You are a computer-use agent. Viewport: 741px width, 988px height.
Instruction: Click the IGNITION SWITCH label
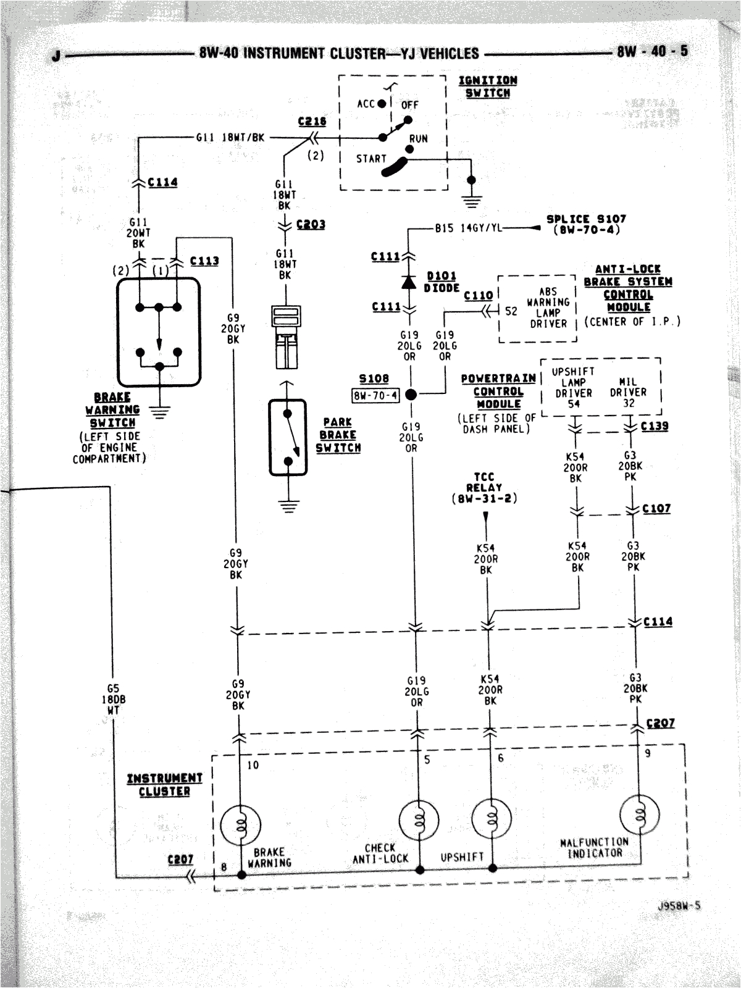tap(487, 86)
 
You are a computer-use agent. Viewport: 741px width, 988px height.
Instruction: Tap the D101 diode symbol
tap(408, 282)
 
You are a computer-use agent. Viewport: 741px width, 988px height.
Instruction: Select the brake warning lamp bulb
tap(240, 824)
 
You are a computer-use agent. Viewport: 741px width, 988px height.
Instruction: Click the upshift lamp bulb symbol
tap(492, 819)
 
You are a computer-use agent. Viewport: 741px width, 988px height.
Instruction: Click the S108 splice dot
tap(411, 394)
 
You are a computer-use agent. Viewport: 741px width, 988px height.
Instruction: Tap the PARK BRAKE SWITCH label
tap(338, 435)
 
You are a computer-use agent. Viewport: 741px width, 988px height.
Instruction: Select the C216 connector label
tap(312, 122)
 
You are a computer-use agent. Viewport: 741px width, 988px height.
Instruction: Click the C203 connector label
tap(311, 224)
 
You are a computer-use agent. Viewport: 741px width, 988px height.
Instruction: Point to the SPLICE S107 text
tap(585, 224)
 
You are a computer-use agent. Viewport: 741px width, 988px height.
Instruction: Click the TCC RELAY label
tap(484, 487)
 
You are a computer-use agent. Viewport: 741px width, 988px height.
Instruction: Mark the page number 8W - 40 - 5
tap(651, 51)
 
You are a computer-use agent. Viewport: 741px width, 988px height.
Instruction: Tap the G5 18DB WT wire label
tap(113, 699)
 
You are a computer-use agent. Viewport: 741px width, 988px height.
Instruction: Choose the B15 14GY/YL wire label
tap(468, 228)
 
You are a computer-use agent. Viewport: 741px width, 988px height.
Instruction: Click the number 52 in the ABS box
tap(511, 311)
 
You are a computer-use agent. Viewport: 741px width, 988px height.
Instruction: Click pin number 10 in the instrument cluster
tap(253, 765)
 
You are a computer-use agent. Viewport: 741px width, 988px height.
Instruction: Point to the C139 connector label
tap(654, 426)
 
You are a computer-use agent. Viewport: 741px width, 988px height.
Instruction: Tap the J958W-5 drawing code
tap(679, 906)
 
